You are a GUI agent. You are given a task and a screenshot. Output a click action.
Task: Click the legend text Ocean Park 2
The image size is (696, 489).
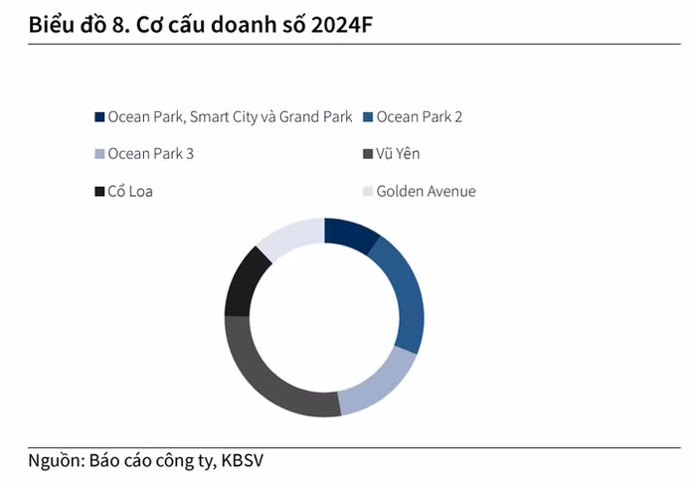[419, 117]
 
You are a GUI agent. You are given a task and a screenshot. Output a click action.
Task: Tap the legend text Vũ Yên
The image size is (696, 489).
[398, 154]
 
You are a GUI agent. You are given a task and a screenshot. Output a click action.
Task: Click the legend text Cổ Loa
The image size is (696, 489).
[130, 191]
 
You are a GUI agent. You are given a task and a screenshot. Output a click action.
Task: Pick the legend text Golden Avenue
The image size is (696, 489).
[426, 191]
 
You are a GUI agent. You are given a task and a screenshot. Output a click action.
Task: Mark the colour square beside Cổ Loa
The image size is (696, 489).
[98, 191]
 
